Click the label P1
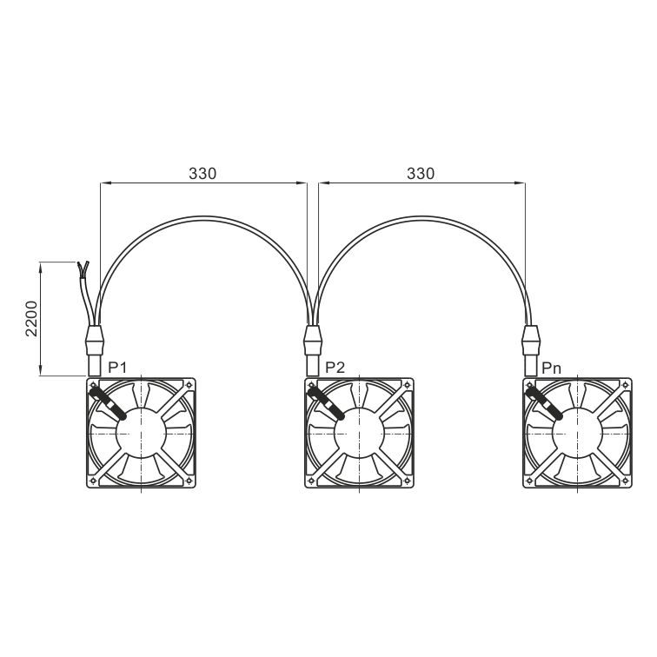[117, 368]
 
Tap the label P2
[335, 368]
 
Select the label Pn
[551, 368]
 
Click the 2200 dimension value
[31, 318]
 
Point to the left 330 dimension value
[202, 174]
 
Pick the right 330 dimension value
[421, 174]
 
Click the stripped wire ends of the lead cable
[83, 269]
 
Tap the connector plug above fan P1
[94, 350]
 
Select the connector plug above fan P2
[313, 350]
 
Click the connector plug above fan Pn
[531, 350]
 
